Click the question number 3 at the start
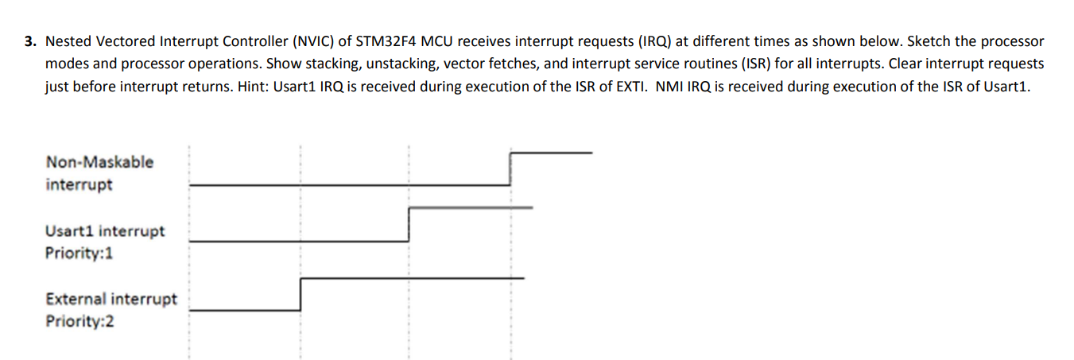[30, 41]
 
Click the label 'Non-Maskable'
[99, 162]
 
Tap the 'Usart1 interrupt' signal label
[105, 231]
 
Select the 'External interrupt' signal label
[111, 300]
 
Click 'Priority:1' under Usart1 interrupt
[79, 254]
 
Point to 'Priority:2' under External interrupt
[79, 322]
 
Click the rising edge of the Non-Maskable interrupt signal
[510, 168]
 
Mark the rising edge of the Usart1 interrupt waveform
[409, 224]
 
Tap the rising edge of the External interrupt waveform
[300, 294]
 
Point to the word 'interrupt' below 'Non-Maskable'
[79, 185]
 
